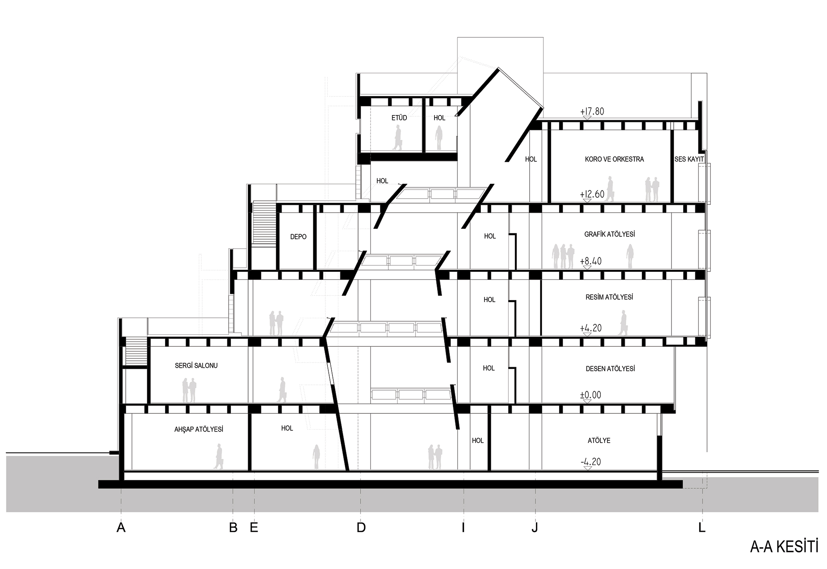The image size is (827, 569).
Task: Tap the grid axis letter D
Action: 361,527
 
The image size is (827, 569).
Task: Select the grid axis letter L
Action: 702,527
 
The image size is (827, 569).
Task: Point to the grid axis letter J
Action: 535,527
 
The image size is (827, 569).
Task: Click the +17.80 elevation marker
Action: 592,111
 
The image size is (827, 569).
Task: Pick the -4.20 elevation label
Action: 590,461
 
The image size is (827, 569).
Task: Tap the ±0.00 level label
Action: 590,395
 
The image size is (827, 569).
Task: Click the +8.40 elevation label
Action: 590,261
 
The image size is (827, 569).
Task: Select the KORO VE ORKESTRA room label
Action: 614,159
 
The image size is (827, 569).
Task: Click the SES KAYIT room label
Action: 689,159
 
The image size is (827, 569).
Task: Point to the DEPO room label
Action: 298,237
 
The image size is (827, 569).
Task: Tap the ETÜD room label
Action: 399,118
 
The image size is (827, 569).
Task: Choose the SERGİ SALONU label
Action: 196,366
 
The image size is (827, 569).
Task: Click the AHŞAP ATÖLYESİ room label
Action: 198,430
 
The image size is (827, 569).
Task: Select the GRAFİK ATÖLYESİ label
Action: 609,234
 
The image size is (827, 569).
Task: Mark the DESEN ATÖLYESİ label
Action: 610,369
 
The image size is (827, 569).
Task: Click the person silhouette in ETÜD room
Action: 398,137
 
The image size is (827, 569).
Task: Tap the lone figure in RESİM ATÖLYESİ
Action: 623,323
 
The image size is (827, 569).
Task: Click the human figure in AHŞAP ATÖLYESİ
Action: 219,456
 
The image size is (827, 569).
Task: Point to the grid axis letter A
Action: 121,527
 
